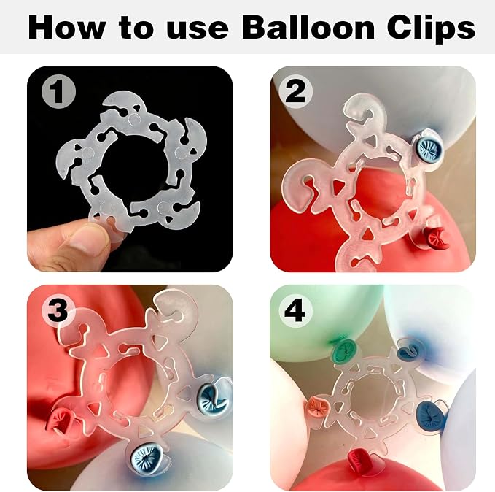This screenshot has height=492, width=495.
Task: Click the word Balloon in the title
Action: [x=308, y=28]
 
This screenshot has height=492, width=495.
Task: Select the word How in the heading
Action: [x=66, y=28]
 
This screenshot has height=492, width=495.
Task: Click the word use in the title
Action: [x=197, y=31]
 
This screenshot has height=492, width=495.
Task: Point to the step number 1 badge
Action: [x=59, y=91]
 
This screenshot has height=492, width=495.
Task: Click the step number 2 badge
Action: [x=295, y=91]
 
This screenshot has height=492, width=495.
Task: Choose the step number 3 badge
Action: [x=58, y=310]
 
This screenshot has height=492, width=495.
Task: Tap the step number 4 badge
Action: [x=295, y=310]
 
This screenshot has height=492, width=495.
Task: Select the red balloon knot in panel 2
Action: [x=436, y=237]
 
